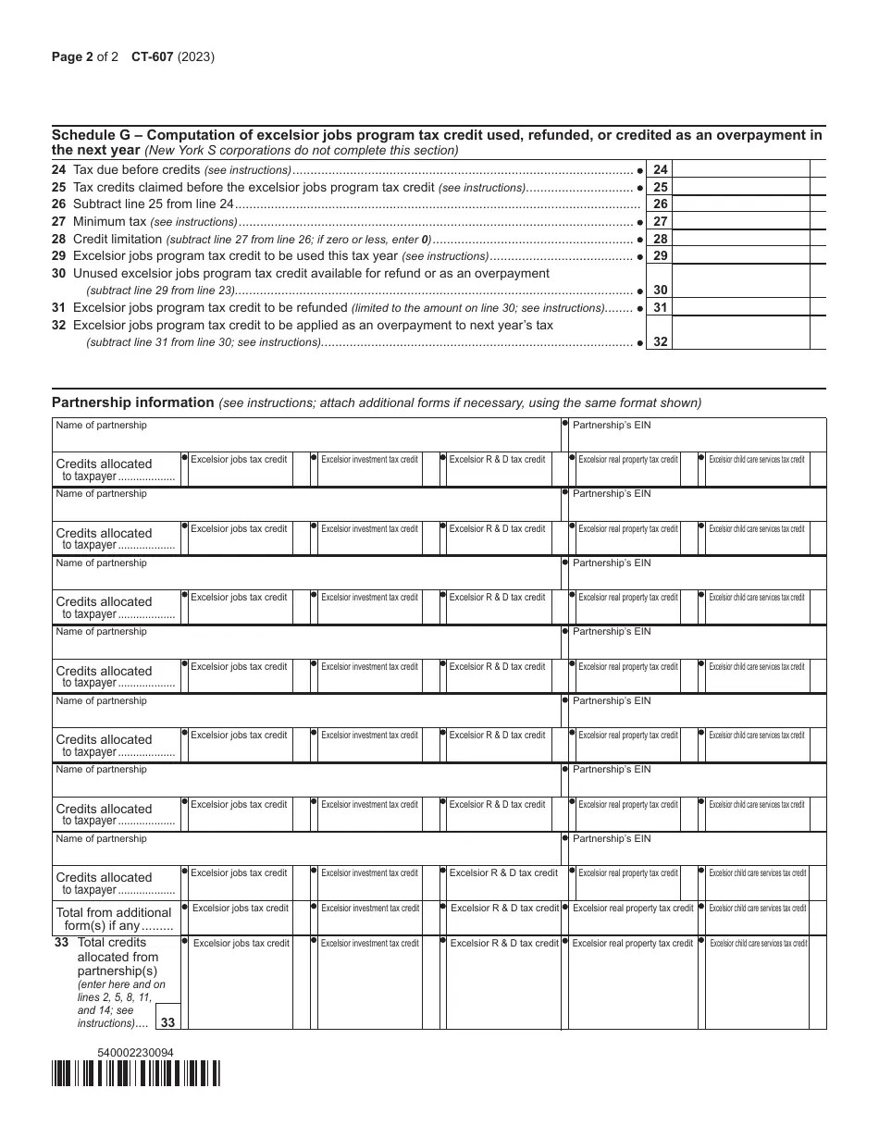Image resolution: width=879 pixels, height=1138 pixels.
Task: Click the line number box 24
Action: coord(661,169)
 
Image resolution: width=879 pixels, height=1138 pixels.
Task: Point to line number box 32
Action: coord(661,341)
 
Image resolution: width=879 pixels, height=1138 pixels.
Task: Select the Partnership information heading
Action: coord(133,402)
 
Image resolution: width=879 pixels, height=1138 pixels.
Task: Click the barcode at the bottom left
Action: coord(136,1073)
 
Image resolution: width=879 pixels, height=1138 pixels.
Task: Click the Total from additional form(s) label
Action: coord(114,919)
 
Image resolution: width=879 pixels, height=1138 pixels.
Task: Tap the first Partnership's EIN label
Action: coord(612,425)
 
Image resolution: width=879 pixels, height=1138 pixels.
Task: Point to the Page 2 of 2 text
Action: coord(85,56)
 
